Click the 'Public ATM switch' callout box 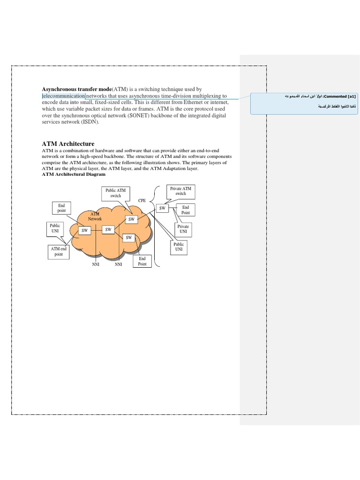click(116, 193)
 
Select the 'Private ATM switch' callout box click(180, 191)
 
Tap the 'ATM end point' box click(59, 251)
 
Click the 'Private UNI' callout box click(183, 229)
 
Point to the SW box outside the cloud click(162, 208)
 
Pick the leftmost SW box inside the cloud click(85, 230)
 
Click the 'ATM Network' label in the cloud click(95, 216)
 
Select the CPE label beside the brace click(142, 200)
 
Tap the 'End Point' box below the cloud click(142, 261)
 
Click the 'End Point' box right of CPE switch click(186, 210)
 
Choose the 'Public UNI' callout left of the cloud click(55, 229)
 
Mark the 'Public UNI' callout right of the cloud click(179, 247)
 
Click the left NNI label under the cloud click(96, 264)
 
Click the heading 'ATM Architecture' click(68, 144)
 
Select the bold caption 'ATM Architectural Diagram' click(74, 174)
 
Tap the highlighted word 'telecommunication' click(64, 96)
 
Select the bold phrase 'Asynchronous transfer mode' click(76, 89)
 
